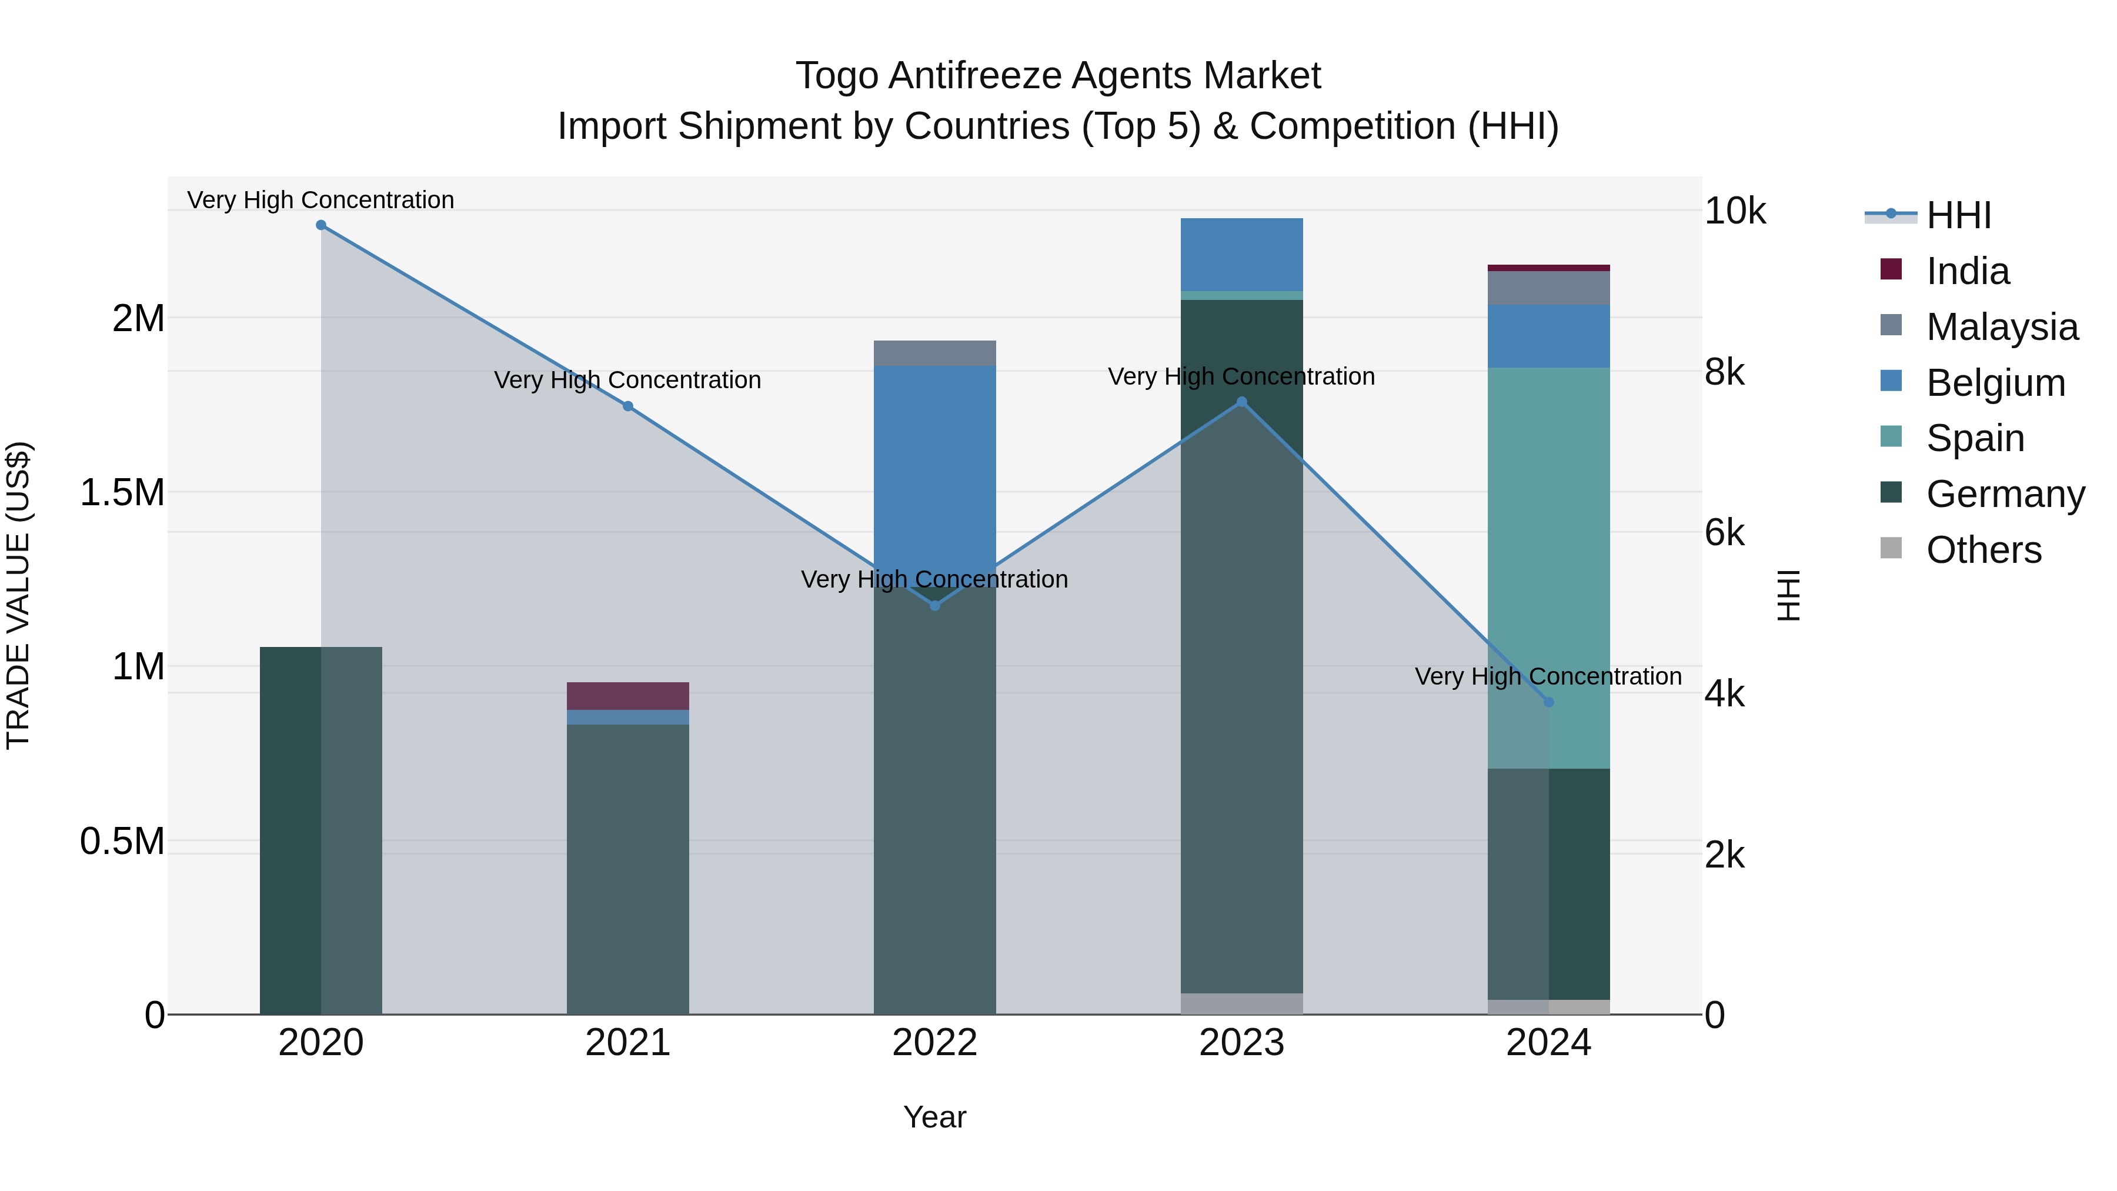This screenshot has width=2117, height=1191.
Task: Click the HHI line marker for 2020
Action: [321, 225]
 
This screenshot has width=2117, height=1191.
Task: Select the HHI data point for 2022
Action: [934, 605]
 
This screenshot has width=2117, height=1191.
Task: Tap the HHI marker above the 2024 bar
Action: [1548, 702]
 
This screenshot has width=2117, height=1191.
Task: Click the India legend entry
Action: [1968, 271]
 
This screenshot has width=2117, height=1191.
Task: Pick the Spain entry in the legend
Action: [1975, 438]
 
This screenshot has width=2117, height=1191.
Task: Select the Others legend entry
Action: [1983, 550]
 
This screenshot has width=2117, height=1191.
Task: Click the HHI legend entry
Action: [1958, 215]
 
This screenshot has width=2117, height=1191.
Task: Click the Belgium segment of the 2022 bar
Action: [934, 461]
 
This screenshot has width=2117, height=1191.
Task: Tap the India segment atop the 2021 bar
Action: [628, 695]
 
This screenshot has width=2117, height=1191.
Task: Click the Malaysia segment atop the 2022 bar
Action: [934, 353]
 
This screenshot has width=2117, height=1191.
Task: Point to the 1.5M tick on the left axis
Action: [122, 492]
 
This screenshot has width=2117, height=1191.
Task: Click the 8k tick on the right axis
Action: [1735, 372]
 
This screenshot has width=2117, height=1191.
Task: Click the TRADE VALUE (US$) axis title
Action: [19, 595]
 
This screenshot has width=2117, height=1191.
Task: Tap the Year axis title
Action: [934, 1117]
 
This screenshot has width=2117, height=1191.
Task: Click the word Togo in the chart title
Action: [837, 76]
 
